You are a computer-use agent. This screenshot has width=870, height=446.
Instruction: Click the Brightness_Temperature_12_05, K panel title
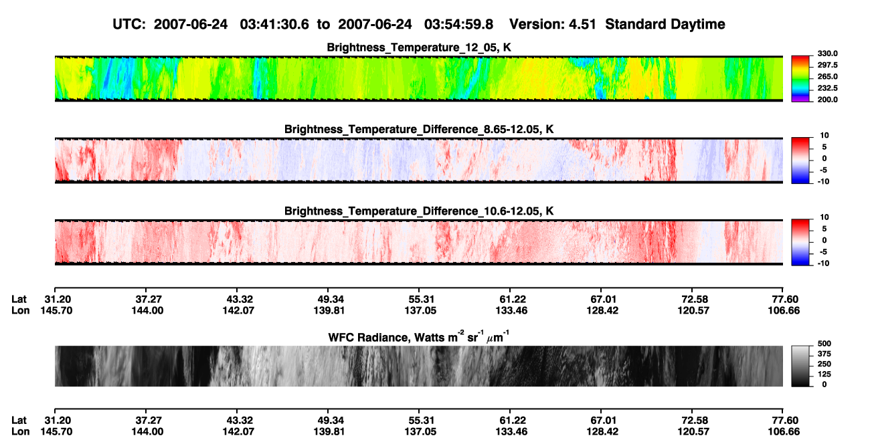[419, 47]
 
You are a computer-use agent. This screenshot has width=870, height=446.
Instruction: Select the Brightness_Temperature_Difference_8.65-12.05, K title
[419, 129]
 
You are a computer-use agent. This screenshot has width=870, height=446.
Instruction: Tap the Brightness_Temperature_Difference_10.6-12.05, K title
[419, 211]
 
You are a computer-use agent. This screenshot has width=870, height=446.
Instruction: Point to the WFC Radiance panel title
[419, 337]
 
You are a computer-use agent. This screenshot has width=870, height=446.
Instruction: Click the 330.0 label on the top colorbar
[827, 53]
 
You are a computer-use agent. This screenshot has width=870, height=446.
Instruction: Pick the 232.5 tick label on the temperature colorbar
[827, 88]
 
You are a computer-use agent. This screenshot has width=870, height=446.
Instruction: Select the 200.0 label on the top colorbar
[827, 100]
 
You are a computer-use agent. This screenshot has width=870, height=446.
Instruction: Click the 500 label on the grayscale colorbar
[824, 344]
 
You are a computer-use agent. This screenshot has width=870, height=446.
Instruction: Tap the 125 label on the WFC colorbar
[824, 374]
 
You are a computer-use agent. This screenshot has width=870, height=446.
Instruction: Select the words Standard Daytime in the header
[665, 24]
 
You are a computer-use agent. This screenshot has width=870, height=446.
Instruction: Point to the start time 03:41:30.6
[274, 24]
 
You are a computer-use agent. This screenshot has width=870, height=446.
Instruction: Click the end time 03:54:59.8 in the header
[458, 24]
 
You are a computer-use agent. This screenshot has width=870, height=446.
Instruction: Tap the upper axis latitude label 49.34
[329, 300]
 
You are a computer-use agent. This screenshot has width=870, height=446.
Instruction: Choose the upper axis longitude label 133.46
[511, 310]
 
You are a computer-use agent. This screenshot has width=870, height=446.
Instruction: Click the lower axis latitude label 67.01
[602, 421]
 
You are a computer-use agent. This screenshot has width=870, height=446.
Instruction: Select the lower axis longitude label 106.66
[784, 432]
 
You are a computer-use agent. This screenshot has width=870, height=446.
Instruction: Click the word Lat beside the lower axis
[19, 421]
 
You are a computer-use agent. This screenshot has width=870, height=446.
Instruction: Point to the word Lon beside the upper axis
[20, 310]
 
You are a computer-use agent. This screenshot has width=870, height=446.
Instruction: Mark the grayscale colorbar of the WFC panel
[800, 366]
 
